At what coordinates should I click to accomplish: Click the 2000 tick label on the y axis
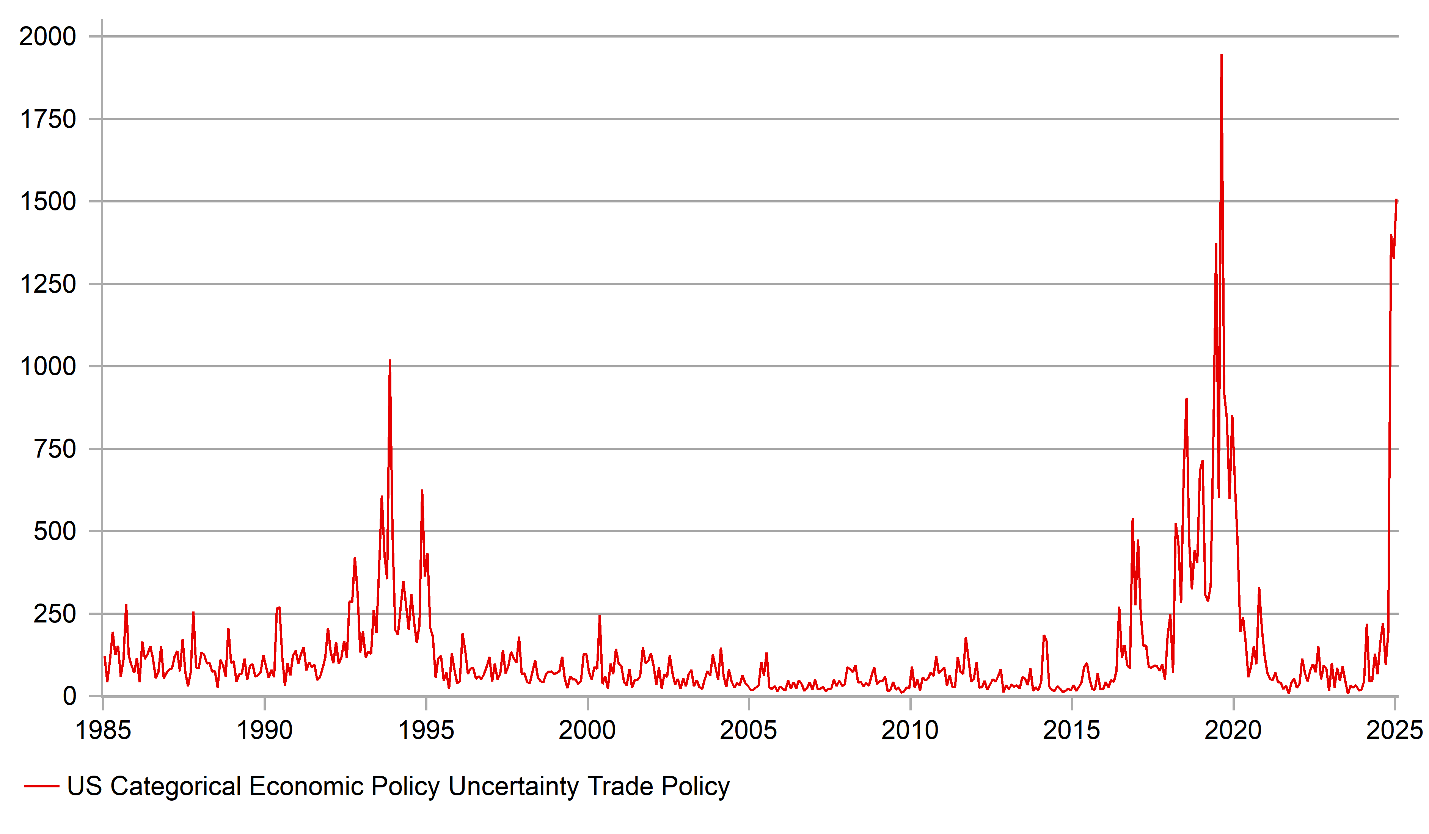(48, 37)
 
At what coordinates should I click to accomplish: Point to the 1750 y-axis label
(48, 120)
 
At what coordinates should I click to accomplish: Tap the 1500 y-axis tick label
(48, 202)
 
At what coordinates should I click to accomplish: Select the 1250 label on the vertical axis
(48, 284)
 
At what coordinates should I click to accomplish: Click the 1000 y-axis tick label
(48, 367)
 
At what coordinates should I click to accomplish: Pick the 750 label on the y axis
(55, 450)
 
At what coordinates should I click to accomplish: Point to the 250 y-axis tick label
(55, 614)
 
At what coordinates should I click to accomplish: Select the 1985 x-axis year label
(103, 730)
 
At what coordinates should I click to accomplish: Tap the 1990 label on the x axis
(264, 730)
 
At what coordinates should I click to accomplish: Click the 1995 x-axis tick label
(426, 730)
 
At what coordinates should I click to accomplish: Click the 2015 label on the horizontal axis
(1071, 730)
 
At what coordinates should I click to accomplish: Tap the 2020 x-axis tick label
(1233, 730)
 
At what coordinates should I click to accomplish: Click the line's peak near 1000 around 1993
(389, 361)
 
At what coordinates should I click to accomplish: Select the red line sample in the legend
(41, 786)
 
